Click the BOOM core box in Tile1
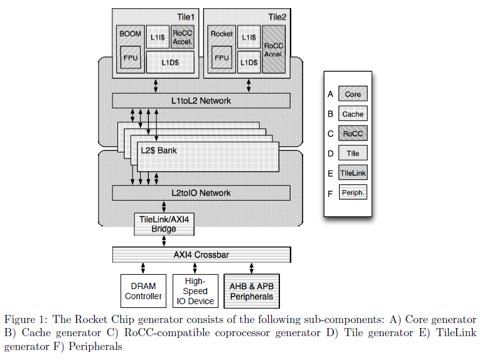[x=130, y=34]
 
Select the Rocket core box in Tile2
[x=222, y=34]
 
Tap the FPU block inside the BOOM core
[x=130, y=59]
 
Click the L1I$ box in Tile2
[x=249, y=38]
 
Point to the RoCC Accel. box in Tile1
[x=182, y=38]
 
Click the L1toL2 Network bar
[x=201, y=100]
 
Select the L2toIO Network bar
[x=201, y=193]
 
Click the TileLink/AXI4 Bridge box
[x=164, y=224]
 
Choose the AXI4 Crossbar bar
[x=201, y=255]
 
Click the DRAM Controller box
[x=143, y=291]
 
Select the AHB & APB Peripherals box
[x=251, y=291]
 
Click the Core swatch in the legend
[x=353, y=94]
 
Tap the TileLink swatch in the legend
[x=353, y=172]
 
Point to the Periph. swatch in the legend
[x=353, y=192]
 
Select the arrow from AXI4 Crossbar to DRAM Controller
[x=143, y=268]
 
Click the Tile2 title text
[x=277, y=17]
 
